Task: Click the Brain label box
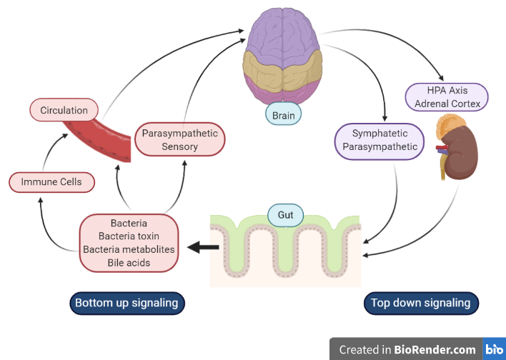(283, 114)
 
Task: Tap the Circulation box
(64, 110)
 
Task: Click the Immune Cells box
(51, 182)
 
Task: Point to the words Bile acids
(129, 262)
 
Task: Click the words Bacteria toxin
(129, 236)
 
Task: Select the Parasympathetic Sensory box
(179, 140)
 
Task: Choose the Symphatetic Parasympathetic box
(379, 140)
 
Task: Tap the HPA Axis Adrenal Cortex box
(447, 96)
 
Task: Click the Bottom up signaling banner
(126, 303)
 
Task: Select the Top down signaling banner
(420, 303)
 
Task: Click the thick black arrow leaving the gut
(204, 248)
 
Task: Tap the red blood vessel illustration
(100, 139)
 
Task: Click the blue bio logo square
(495, 349)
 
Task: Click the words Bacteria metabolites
(129, 249)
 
